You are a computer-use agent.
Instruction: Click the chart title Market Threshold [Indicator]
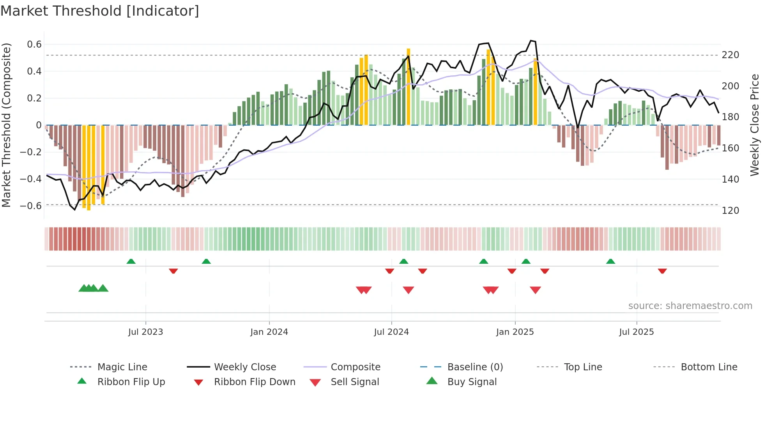point(100,11)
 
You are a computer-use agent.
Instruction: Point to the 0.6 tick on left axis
point(34,44)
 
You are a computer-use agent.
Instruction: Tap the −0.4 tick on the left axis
point(31,179)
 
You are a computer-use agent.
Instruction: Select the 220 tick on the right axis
point(730,55)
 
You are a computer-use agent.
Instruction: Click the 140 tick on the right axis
point(730,179)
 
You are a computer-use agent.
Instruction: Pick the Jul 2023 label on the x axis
point(145,332)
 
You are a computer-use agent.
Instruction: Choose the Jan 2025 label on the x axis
point(515,332)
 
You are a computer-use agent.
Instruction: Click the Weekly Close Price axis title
point(755,125)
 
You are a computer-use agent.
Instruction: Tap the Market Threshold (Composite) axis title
point(6,125)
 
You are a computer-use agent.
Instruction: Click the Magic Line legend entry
point(122,367)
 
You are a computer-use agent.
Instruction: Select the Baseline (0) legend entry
point(475,367)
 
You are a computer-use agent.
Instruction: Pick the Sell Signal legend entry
point(354,382)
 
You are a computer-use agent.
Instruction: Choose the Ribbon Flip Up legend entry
point(131,382)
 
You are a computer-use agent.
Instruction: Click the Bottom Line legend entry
point(709,367)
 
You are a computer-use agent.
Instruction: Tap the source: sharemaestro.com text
point(690,306)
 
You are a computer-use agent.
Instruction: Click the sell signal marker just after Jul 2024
point(408,290)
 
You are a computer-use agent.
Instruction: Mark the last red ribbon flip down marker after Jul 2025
point(662,271)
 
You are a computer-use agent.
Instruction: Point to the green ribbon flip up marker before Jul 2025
point(610,261)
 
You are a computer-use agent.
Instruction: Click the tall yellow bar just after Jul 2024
point(408,87)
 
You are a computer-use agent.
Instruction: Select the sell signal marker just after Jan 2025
point(535,290)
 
